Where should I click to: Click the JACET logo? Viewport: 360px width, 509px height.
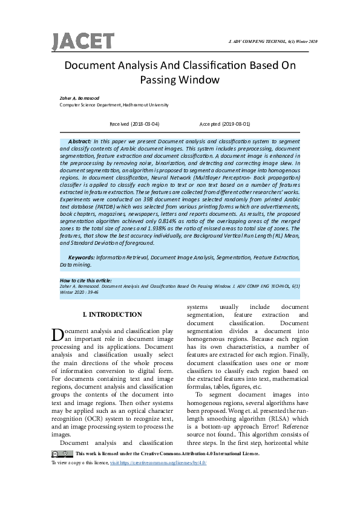(x=82, y=42)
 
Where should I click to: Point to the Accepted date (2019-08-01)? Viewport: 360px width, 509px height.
(x=224, y=123)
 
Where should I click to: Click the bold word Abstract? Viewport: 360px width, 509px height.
(x=79, y=140)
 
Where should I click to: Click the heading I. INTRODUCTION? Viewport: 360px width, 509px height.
(x=112, y=314)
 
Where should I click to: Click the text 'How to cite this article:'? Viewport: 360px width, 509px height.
(x=87, y=280)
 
